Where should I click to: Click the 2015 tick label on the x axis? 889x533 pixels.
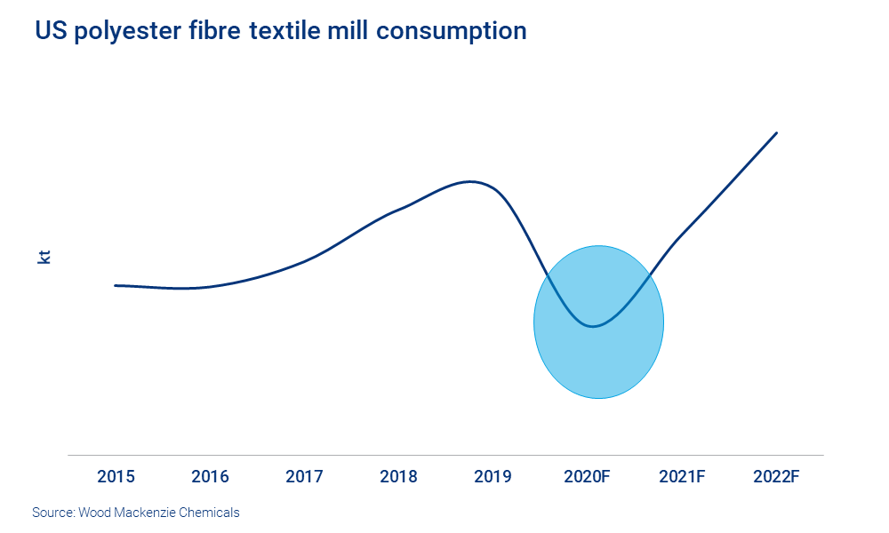click(x=116, y=477)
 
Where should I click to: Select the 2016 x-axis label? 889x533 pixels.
click(x=210, y=477)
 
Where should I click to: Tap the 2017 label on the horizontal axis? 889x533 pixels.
click(x=304, y=477)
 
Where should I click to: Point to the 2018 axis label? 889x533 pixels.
click(x=398, y=477)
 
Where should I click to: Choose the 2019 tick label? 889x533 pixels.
click(x=493, y=477)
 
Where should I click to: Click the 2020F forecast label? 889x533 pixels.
click(x=587, y=477)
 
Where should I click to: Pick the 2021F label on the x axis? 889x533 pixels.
click(x=682, y=477)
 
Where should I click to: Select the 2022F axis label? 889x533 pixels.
click(x=776, y=477)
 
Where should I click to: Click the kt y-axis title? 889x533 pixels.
click(x=44, y=258)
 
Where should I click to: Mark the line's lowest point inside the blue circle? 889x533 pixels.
click(x=592, y=326)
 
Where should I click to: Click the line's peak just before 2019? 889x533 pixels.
click(x=470, y=181)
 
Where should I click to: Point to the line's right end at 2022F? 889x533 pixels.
click(x=777, y=133)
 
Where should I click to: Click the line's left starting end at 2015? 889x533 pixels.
click(x=116, y=285)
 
